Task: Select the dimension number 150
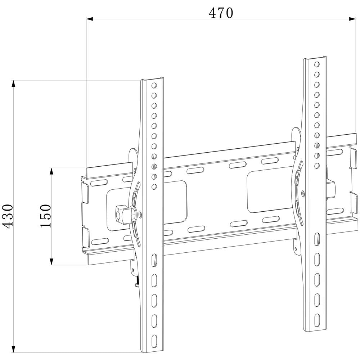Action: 46,216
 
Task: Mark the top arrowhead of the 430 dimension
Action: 14,84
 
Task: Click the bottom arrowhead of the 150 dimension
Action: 52,262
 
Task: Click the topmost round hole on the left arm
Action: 154,86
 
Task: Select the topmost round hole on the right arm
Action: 317,65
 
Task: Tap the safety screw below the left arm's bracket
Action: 137,283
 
